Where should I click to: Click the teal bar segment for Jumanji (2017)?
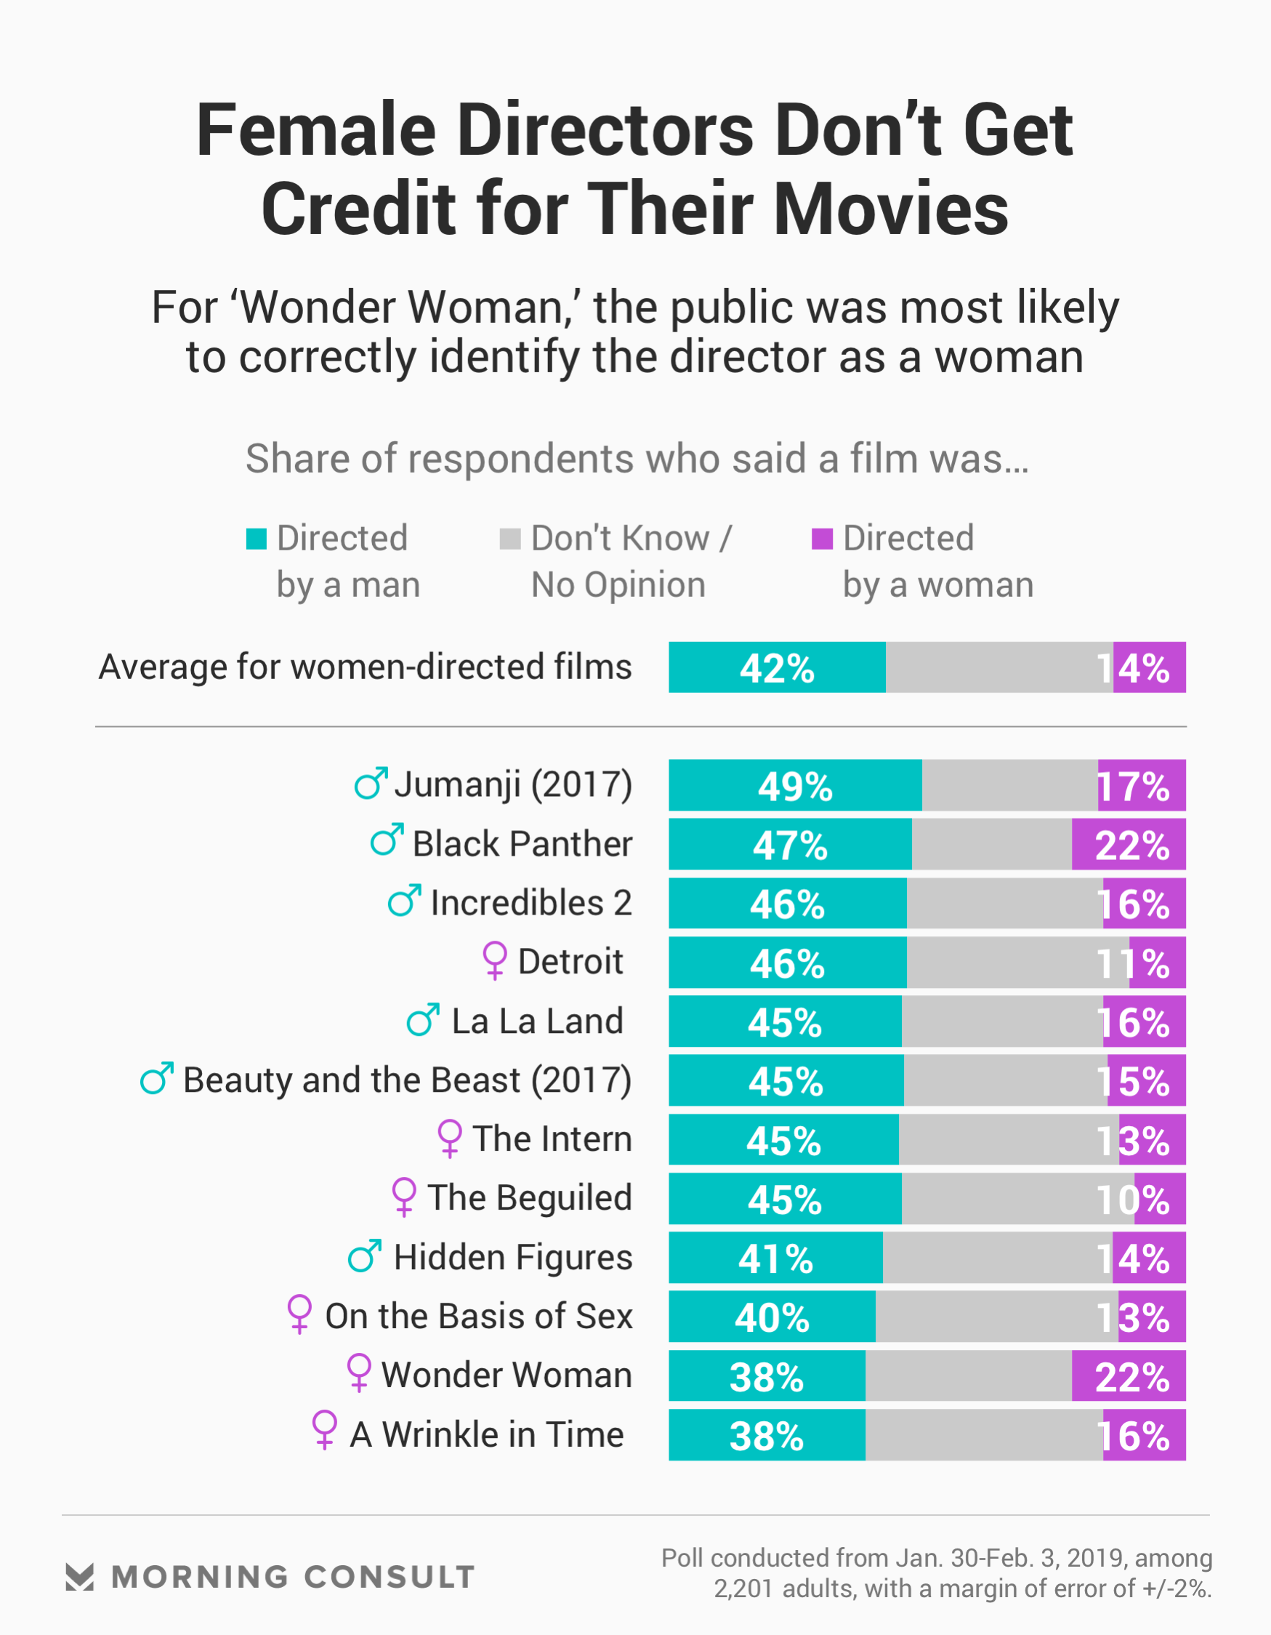pos(795,785)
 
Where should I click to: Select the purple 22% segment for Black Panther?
pos(1128,845)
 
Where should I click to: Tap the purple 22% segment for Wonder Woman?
pos(1128,1376)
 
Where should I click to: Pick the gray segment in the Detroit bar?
pos(1017,963)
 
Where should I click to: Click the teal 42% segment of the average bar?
pos(777,667)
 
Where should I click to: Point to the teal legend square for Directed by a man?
pos(256,538)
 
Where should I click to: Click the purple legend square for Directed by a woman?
pos(822,538)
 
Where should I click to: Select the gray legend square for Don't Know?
pos(509,538)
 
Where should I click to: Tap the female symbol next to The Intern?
pos(449,1138)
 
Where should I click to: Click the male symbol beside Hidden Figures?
pos(365,1256)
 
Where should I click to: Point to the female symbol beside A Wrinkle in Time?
pos(324,1430)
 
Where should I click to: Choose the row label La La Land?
pos(537,1021)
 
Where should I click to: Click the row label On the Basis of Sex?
pos(478,1316)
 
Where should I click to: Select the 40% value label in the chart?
pos(772,1317)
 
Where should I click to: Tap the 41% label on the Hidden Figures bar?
pos(775,1258)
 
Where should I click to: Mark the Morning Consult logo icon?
pos(79,1577)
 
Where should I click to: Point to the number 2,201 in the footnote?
pos(743,1588)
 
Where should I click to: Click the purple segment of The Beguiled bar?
pos(1160,1199)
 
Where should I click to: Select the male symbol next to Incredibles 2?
pos(404,901)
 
